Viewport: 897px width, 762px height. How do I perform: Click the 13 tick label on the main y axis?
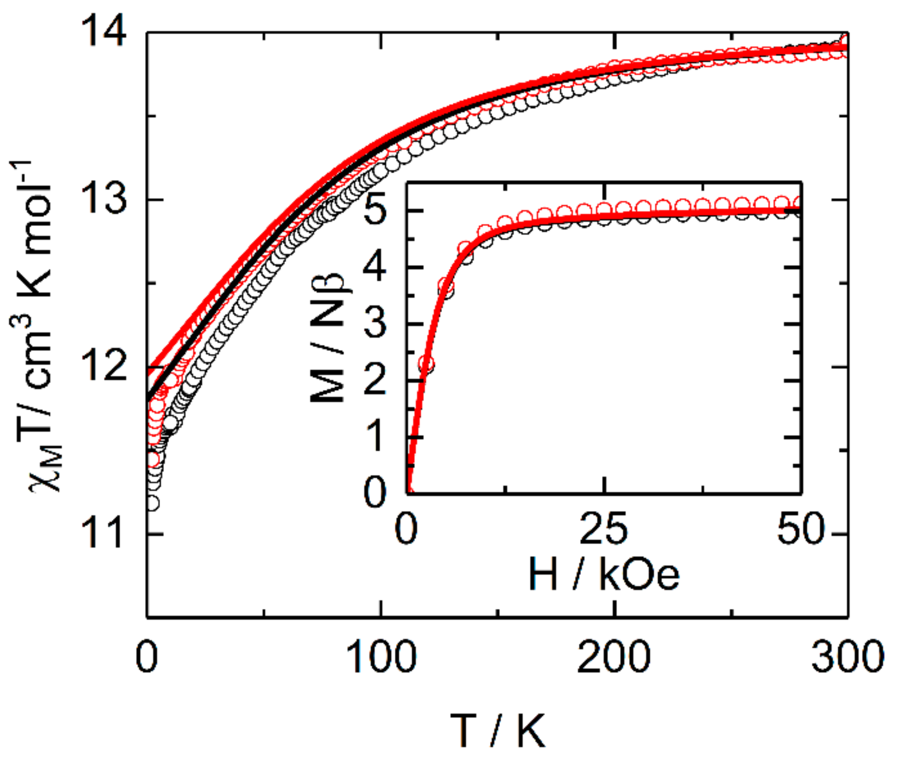(104, 199)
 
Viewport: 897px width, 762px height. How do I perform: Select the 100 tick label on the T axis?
(381, 657)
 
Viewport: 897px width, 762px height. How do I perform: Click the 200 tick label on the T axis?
(614, 657)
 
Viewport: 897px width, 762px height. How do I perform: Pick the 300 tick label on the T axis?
(847, 657)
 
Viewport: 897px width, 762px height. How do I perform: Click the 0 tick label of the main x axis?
(146, 657)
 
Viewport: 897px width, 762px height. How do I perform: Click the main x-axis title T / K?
(497, 731)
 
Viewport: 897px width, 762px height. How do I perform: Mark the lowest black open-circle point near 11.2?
(152, 502)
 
